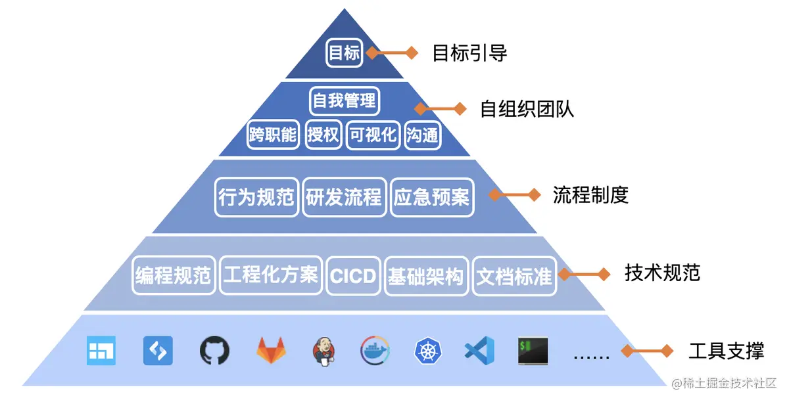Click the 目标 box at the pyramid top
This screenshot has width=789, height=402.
(x=345, y=53)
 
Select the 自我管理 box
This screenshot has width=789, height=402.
(x=344, y=100)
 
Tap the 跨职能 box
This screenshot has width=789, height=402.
(x=273, y=135)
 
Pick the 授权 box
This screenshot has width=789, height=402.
(x=323, y=135)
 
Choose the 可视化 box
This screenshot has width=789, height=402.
(x=373, y=135)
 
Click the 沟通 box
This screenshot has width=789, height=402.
(x=422, y=135)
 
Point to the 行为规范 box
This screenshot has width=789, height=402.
(x=256, y=196)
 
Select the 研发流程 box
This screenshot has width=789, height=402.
(x=344, y=196)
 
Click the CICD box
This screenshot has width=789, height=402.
(x=354, y=275)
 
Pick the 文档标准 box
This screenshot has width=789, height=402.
(x=514, y=275)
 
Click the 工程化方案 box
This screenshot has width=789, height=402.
(x=271, y=274)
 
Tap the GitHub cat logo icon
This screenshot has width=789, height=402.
(x=214, y=351)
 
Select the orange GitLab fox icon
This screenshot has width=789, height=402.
(x=271, y=351)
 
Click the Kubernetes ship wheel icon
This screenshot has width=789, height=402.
(x=428, y=351)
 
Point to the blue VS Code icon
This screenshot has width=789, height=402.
(x=479, y=351)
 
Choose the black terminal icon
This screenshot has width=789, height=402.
(x=533, y=351)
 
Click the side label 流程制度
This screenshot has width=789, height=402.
(x=590, y=195)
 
